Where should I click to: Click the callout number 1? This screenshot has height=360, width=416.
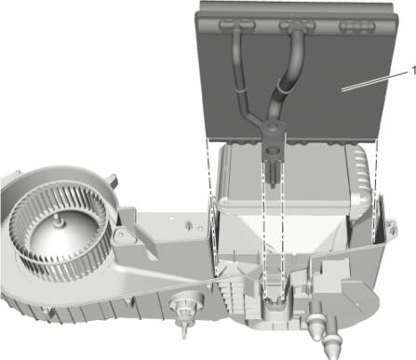tap(413, 71)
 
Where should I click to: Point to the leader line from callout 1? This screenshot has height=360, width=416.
tap(375, 81)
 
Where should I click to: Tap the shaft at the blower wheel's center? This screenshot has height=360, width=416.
tap(58, 220)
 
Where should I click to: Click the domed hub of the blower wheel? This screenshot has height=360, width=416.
tap(58, 239)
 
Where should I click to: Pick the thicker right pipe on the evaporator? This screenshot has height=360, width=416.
tap(284, 81)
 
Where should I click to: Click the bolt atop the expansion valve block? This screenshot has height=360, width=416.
tap(274, 127)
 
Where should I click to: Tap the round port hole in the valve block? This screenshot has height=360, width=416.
tap(273, 151)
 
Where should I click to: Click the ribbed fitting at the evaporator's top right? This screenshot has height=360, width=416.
tap(357, 27)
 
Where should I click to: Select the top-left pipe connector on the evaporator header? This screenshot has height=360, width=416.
tap(236, 25)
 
